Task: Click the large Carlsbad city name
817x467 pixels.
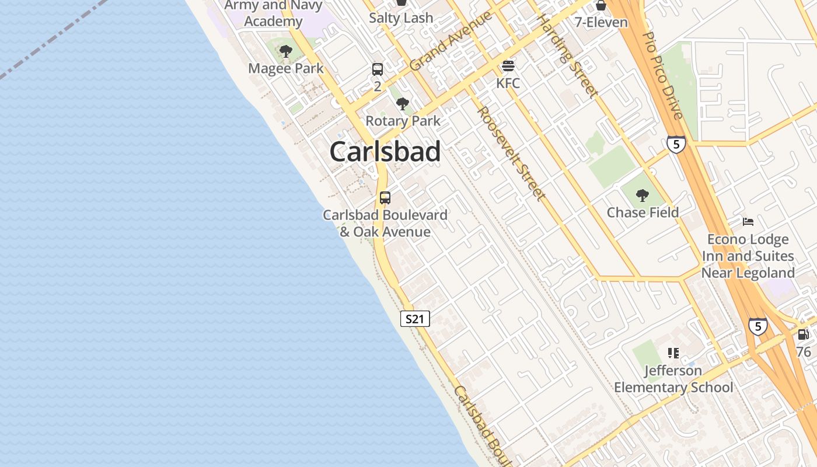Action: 385,152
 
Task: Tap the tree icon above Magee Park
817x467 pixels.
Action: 285,52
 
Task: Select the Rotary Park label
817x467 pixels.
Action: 403,121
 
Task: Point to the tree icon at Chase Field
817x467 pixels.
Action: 643,196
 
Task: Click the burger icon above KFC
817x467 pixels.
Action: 508,65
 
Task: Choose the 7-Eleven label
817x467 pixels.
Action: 601,23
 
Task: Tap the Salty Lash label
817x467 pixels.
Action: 401,18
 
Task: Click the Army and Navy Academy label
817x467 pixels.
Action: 273,13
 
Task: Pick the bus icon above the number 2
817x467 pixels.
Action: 378,69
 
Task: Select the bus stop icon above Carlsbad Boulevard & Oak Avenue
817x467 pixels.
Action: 385,197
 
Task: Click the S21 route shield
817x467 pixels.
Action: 415,319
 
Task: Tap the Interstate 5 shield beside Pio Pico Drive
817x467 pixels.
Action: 676,144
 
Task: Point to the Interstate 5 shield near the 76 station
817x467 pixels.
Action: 757,326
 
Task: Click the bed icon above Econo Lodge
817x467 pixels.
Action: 748,222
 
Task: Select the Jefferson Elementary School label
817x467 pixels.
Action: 673,379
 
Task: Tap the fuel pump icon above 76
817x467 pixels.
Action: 804,334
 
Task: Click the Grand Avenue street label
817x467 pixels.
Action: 450,41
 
